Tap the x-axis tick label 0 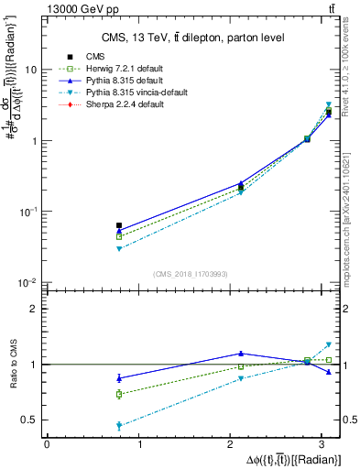(47, 446)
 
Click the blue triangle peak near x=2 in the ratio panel (241, 353)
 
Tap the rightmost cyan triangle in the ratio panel (328, 344)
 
